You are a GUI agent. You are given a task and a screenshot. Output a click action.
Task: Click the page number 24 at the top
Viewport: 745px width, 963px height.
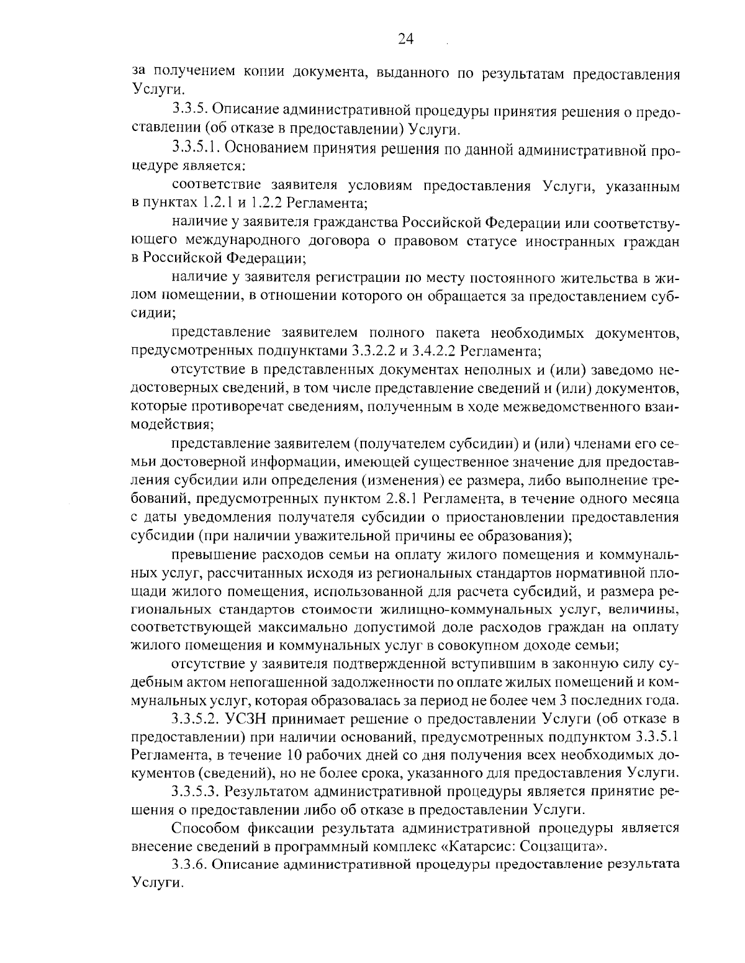pyautogui.click(x=405, y=39)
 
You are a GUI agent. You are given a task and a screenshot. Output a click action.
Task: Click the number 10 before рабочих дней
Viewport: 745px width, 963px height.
pyautogui.click(x=296, y=756)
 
